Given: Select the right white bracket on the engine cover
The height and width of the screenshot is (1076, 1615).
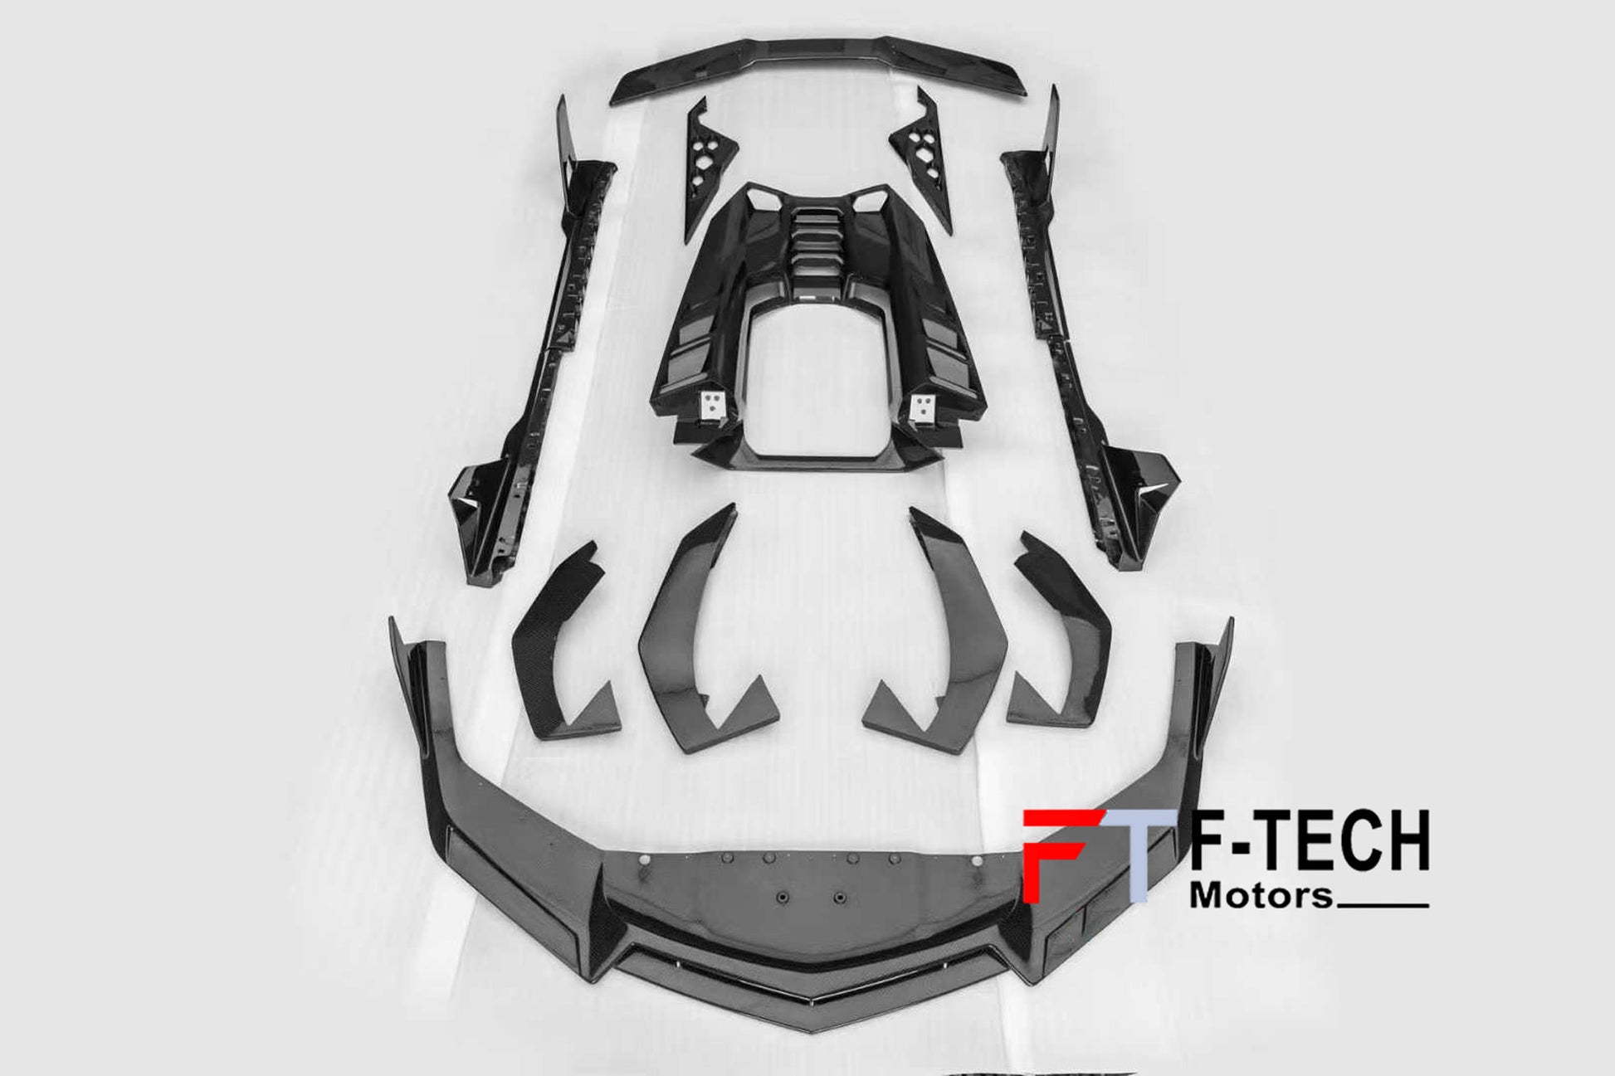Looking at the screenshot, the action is pyautogui.click(x=921, y=407).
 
